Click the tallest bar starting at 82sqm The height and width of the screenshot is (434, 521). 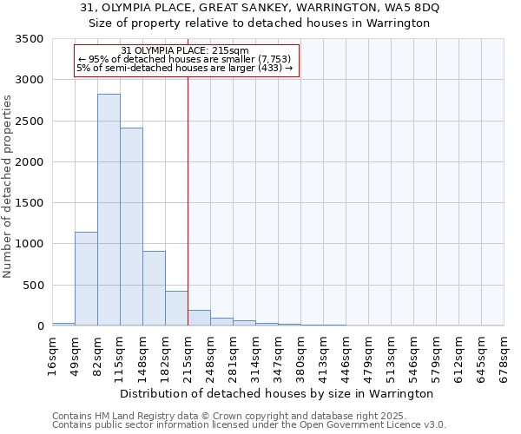(x=109, y=209)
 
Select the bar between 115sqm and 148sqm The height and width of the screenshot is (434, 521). (x=131, y=227)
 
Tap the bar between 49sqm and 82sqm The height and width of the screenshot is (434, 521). (x=86, y=279)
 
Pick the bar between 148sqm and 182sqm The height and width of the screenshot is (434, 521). (x=154, y=288)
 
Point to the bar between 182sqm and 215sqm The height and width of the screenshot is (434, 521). (x=176, y=308)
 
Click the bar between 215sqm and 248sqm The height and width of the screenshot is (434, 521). (x=199, y=318)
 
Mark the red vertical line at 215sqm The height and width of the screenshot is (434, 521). (x=188, y=200)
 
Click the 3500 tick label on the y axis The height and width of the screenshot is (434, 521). (x=29, y=40)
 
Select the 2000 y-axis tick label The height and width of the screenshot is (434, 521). (x=29, y=162)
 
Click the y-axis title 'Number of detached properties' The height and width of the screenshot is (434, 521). (x=8, y=187)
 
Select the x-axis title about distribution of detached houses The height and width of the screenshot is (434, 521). (x=276, y=394)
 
